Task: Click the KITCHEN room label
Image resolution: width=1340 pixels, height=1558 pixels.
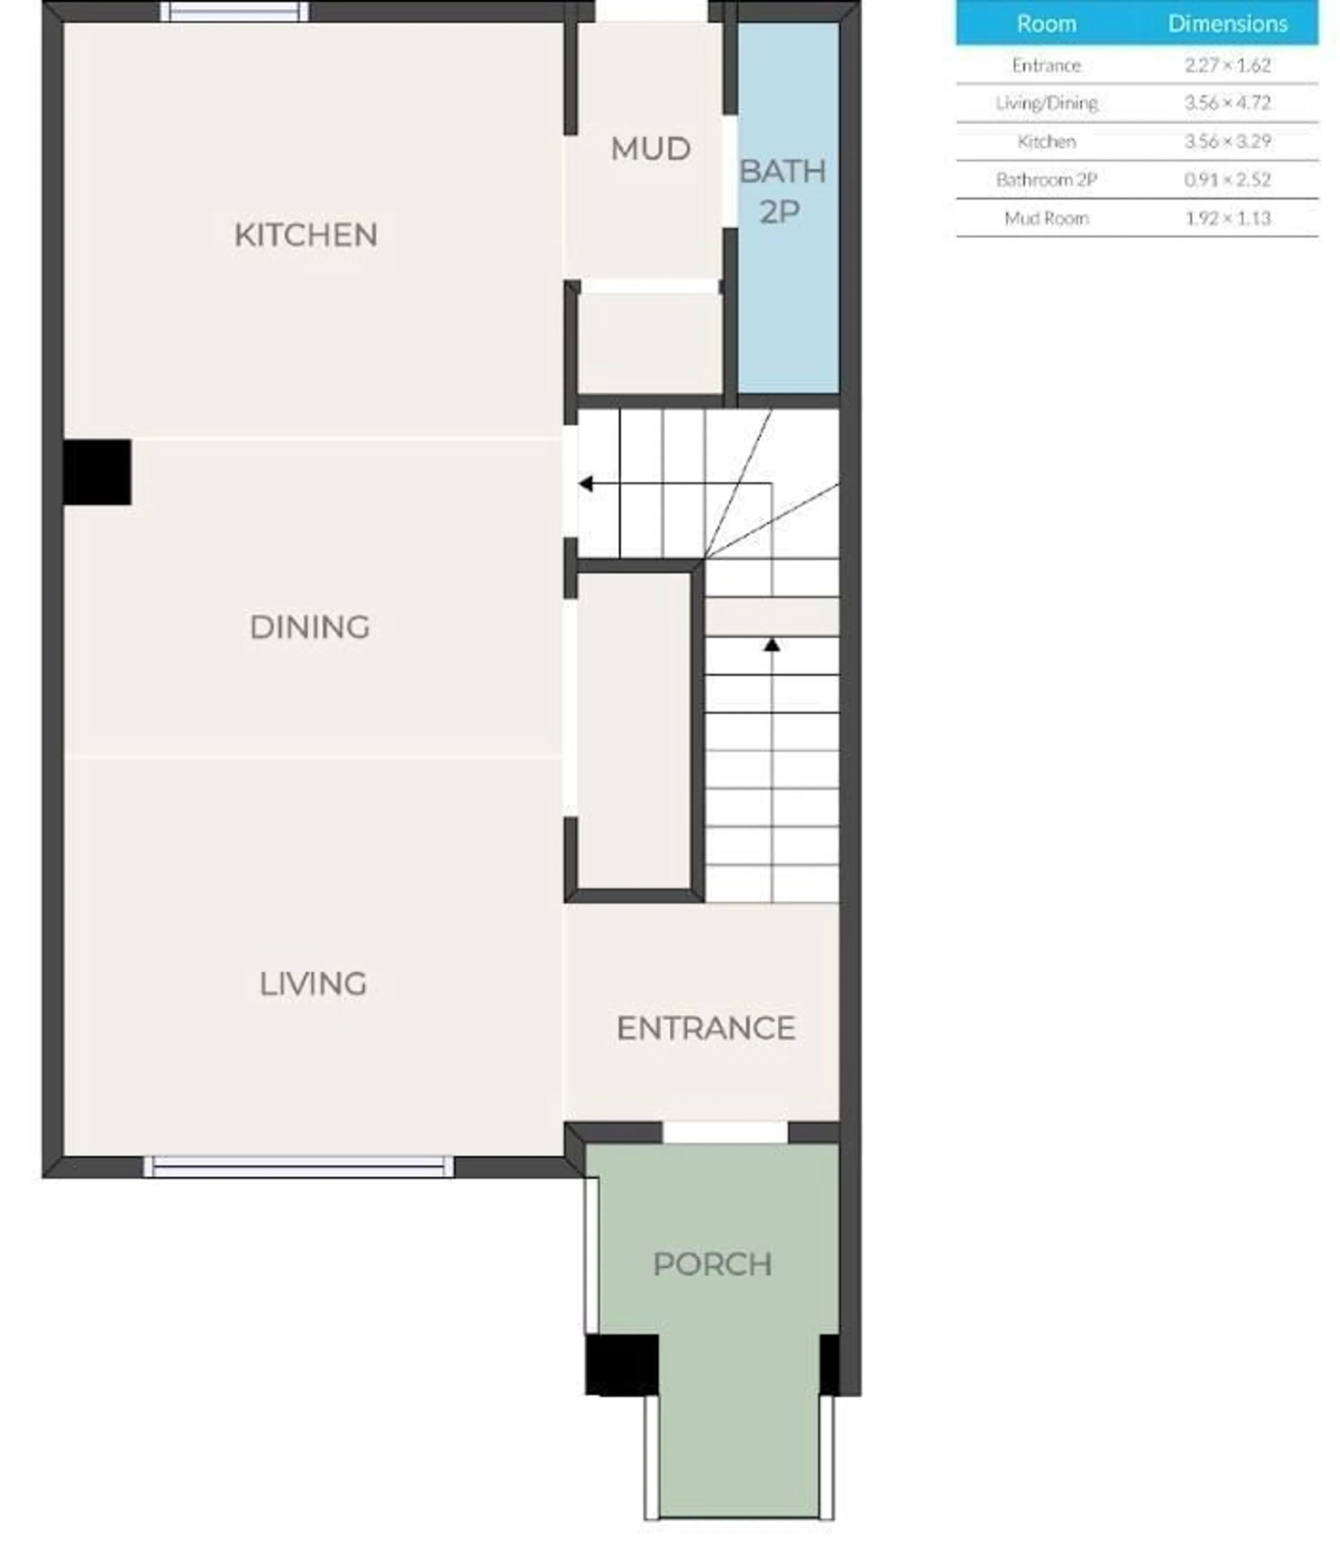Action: tap(305, 234)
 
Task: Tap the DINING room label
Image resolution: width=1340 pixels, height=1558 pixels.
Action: tap(309, 626)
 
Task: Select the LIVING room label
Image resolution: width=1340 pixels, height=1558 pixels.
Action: tap(313, 984)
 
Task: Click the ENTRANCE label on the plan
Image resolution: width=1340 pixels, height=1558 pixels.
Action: tap(705, 1028)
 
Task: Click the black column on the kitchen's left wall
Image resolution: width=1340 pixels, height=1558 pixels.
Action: tap(97, 472)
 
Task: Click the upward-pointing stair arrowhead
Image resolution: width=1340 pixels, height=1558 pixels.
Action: tap(772, 644)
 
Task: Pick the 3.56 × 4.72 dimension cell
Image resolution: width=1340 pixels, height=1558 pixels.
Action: tap(1227, 103)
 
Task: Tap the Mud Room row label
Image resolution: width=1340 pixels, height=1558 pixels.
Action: tap(1046, 218)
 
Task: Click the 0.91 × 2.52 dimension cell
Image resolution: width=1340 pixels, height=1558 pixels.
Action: tap(1227, 180)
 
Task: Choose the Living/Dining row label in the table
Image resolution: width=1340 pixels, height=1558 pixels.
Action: tap(1046, 103)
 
